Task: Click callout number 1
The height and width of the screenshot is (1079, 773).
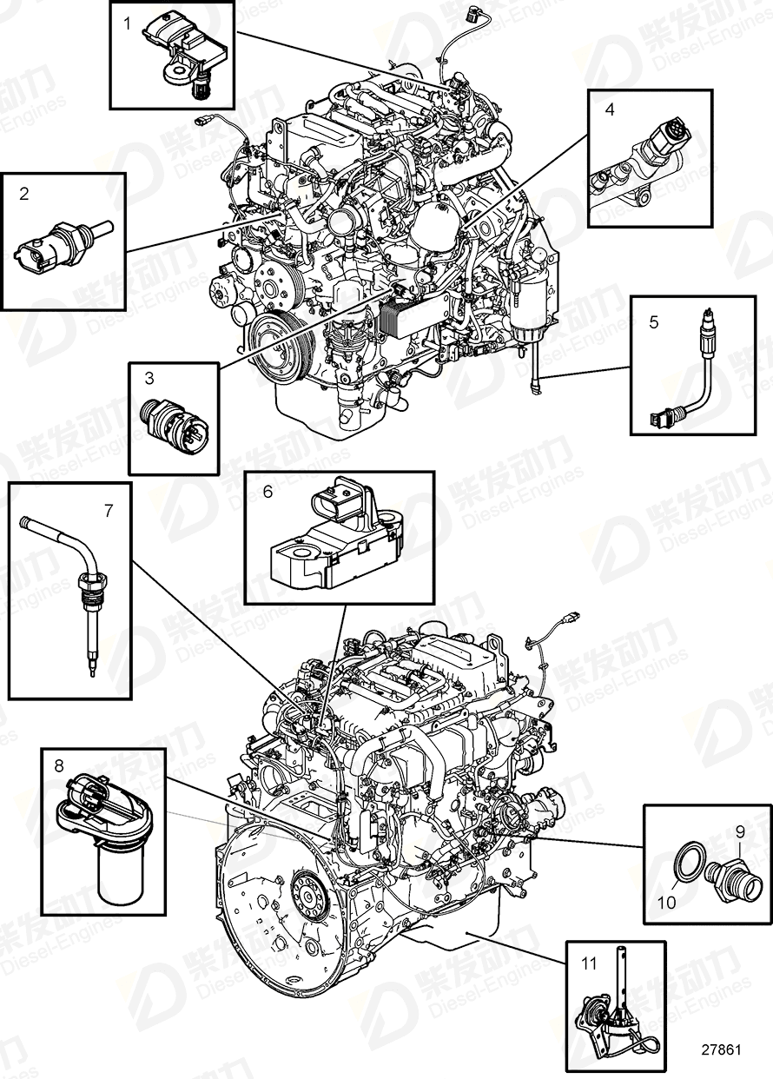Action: pyautogui.click(x=127, y=24)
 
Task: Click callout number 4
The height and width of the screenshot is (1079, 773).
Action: pyautogui.click(x=610, y=110)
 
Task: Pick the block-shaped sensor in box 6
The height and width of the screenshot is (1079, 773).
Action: pyautogui.click(x=334, y=541)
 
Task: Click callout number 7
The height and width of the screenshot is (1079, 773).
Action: pyautogui.click(x=109, y=511)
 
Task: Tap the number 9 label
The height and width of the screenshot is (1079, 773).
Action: pyautogui.click(x=740, y=831)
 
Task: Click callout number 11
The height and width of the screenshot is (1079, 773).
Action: pyautogui.click(x=590, y=963)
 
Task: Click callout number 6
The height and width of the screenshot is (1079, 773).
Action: pyautogui.click(x=268, y=492)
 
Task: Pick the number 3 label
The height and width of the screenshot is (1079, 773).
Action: pyautogui.click(x=149, y=378)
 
